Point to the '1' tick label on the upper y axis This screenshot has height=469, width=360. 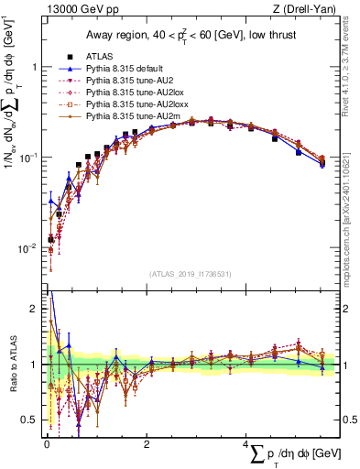click(x=33, y=68)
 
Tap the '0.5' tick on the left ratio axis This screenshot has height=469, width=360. click(x=29, y=420)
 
